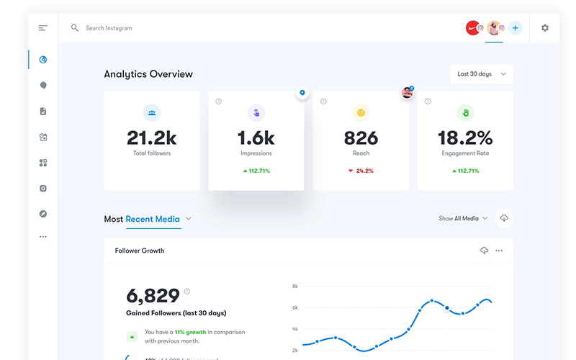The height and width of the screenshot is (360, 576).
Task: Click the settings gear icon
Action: point(545,28)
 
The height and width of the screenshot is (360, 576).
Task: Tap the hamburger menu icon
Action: point(43,28)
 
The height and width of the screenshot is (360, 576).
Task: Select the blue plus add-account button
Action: point(515,28)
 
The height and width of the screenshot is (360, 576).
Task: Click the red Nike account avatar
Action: point(472,28)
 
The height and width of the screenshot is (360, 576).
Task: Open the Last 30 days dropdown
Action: point(482,74)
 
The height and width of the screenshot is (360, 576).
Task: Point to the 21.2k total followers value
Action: point(151,138)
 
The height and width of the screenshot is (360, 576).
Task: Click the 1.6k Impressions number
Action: point(256,138)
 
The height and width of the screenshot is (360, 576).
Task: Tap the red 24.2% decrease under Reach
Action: point(361,171)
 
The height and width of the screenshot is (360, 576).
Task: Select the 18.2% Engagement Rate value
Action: point(465,138)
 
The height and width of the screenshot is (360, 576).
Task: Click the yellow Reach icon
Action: point(361,112)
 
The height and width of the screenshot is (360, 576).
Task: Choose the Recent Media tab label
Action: point(153,219)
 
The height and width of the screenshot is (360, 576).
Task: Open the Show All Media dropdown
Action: point(463,218)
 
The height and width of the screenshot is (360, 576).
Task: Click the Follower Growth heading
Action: point(140,251)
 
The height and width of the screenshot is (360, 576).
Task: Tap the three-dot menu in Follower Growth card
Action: point(499,251)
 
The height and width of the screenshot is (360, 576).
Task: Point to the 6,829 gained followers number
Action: point(153,295)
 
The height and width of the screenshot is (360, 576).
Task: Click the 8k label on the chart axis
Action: point(295,287)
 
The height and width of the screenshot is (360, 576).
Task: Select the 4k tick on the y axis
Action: point(295,329)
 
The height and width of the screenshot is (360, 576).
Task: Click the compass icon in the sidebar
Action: point(43,214)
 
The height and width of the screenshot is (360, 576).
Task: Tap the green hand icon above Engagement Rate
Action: point(465,112)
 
